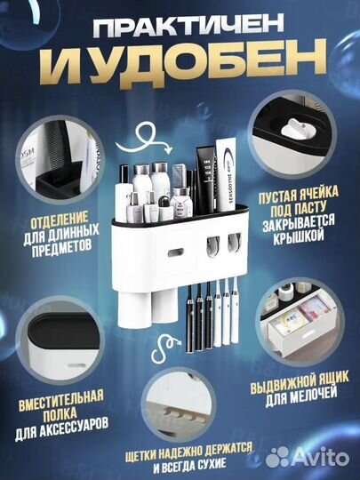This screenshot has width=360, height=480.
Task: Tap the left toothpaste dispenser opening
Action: pos(213,242)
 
